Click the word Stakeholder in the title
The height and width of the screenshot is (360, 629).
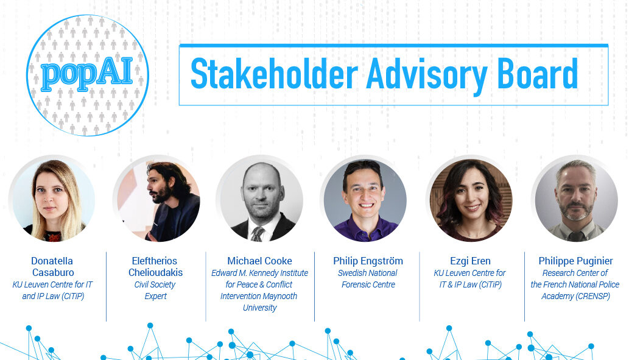tap(274, 74)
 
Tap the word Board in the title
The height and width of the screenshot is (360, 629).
tap(537, 74)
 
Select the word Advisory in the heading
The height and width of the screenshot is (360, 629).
tap(427, 75)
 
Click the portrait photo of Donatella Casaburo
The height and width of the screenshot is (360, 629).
tap(52, 200)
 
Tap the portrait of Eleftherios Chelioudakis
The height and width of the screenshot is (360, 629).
tap(156, 200)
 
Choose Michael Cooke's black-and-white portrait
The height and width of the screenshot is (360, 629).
tap(260, 200)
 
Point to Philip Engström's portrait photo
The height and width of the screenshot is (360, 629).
tap(365, 200)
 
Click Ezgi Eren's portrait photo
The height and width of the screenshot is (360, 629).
tap(470, 200)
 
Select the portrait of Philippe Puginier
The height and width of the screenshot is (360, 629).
tap(575, 200)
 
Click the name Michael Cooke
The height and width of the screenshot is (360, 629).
tap(259, 261)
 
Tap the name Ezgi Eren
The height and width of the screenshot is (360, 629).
tap(470, 261)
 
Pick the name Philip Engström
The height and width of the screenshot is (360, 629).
tap(368, 261)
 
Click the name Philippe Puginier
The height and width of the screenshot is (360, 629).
tap(575, 261)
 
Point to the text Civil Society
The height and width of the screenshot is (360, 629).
tap(155, 285)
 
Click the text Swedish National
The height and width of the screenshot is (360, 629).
tap(367, 273)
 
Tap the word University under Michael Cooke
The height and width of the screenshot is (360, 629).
tap(260, 308)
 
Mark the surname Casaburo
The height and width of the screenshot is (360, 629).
tap(53, 272)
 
